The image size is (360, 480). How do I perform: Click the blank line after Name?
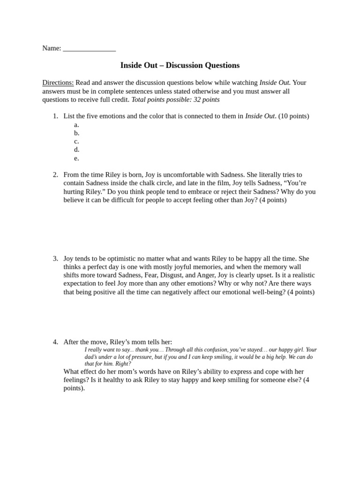point(89,49)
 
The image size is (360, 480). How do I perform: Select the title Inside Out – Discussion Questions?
point(180,66)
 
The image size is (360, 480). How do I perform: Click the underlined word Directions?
point(58,83)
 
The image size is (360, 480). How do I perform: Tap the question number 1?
point(55,116)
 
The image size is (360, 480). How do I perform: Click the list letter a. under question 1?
point(76,125)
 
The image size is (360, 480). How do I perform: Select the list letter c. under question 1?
point(76,142)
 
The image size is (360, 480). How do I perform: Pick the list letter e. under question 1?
point(76,158)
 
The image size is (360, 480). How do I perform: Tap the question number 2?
point(55,175)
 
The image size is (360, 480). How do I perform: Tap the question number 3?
point(55,259)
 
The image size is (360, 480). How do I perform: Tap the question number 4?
point(55,342)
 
